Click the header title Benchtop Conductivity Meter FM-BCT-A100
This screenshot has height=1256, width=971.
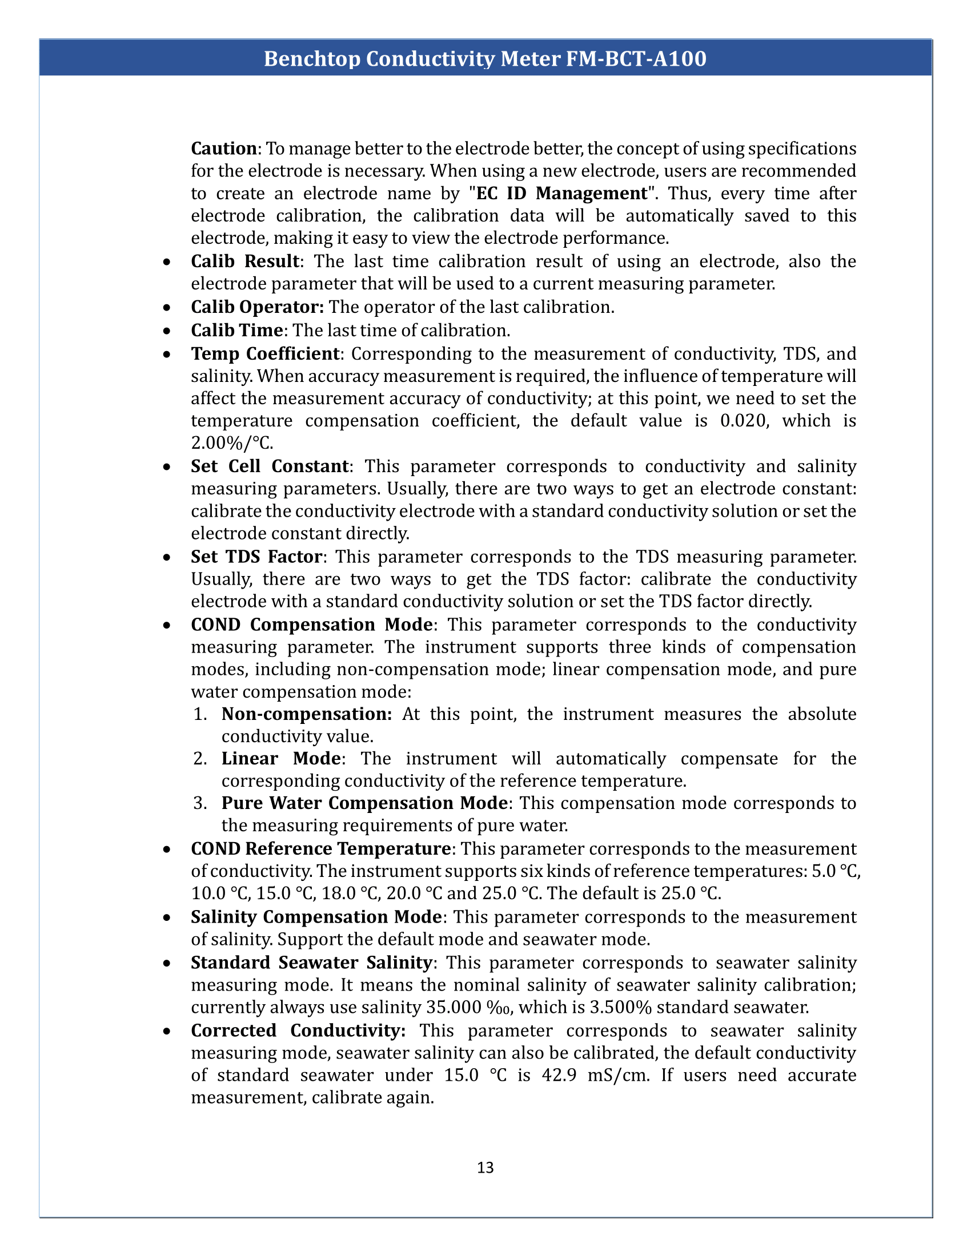click(485, 59)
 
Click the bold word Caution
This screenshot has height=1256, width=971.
click(224, 148)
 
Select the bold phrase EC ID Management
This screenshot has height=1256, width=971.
click(561, 193)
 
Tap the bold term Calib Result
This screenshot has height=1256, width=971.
click(245, 261)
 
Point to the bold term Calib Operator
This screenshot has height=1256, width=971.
click(257, 307)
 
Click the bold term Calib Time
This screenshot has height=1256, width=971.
click(236, 330)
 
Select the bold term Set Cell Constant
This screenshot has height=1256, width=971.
click(270, 466)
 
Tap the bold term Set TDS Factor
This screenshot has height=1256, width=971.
click(256, 557)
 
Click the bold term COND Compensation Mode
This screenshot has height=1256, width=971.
click(312, 625)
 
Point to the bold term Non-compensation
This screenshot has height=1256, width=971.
click(307, 714)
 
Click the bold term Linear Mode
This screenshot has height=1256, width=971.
click(281, 759)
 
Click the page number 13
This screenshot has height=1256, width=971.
click(485, 1168)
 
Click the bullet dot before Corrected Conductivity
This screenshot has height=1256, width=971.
click(166, 1031)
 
